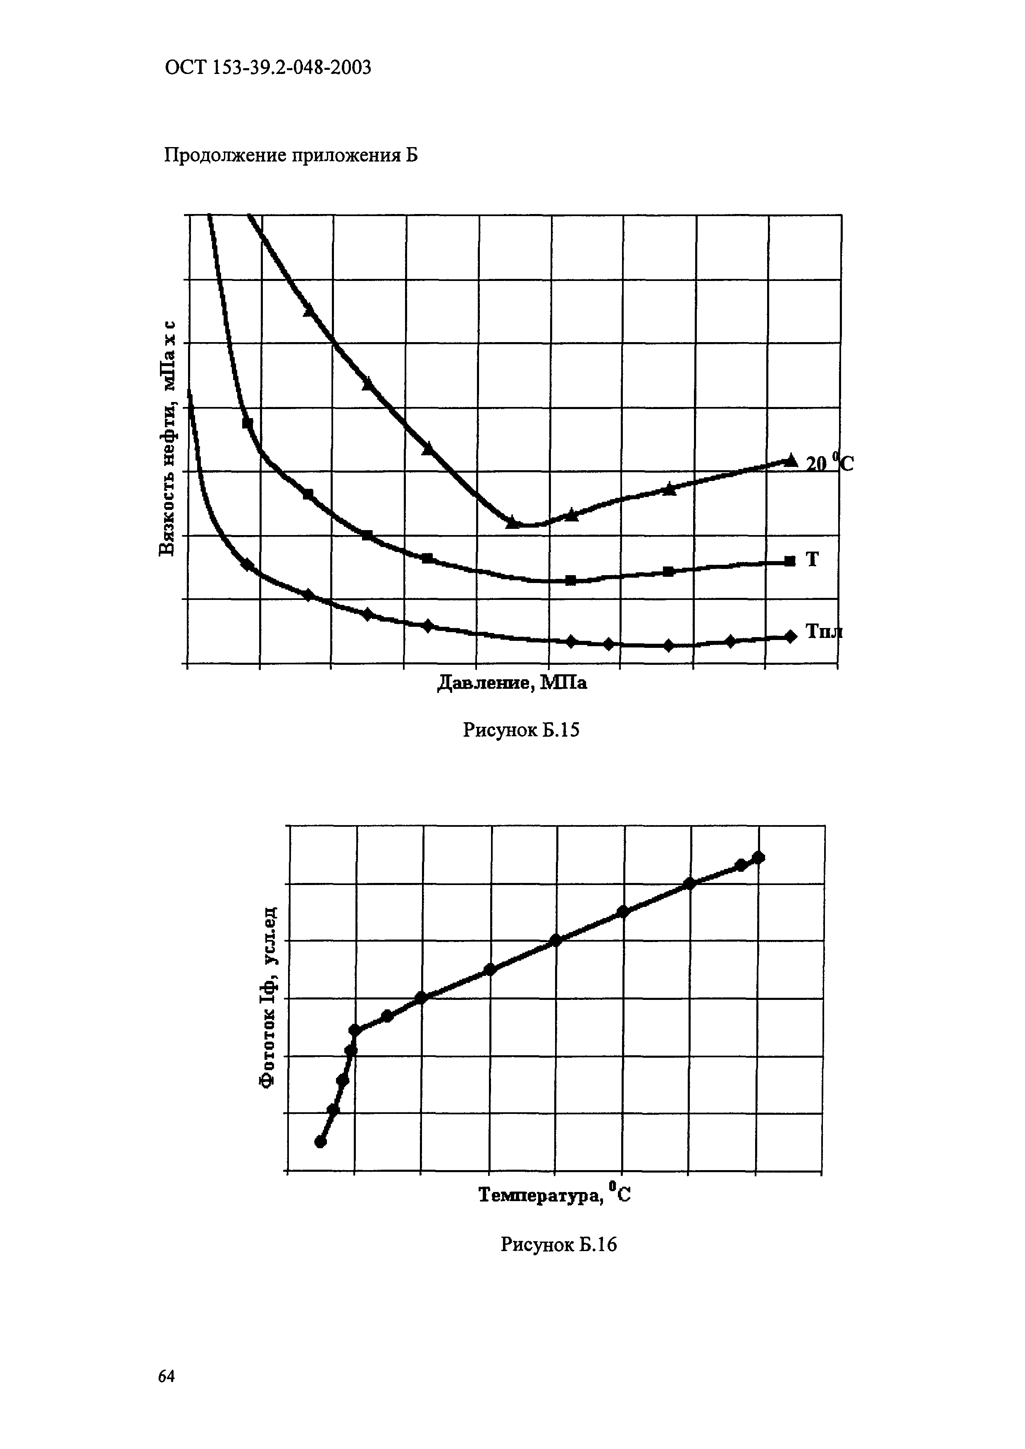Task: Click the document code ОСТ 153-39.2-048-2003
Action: pyautogui.click(x=267, y=67)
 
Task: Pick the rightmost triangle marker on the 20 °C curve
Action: pyautogui.click(x=790, y=460)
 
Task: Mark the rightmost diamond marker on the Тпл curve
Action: pyautogui.click(x=790, y=636)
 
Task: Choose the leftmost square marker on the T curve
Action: pyautogui.click(x=248, y=423)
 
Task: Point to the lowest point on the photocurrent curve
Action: pyautogui.click(x=321, y=1142)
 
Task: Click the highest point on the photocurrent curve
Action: pyautogui.click(x=759, y=857)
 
